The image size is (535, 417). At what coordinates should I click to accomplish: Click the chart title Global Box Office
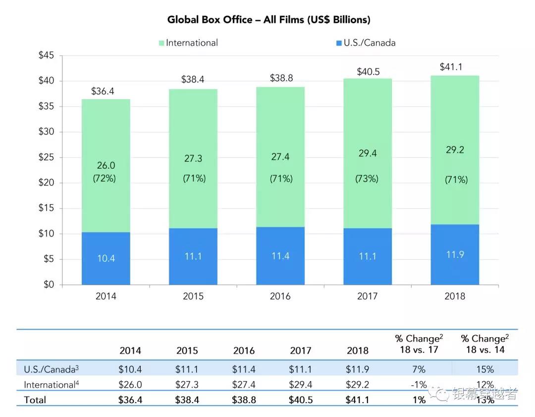coord(268,20)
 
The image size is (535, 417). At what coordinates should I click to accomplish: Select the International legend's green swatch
coord(161,43)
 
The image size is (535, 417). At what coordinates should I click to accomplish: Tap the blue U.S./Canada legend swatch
coord(339,43)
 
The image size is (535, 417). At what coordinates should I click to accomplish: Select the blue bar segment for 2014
coord(106,258)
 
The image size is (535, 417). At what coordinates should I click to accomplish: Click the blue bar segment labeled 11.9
coord(455,255)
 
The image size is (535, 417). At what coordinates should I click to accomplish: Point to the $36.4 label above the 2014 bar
coord(104,92)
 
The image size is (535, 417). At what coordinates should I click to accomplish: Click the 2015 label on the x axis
coord(193,297)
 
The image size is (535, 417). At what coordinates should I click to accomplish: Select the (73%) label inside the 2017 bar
coord(367,179)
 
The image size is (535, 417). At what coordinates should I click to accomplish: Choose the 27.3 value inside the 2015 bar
coord(193,159)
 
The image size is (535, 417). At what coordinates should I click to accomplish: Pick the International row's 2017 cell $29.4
coord(301,384)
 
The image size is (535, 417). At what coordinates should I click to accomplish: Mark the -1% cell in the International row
coord(419,384)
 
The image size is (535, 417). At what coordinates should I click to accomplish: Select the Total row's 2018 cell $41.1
coord(358,400)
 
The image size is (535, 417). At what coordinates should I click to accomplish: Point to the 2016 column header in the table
coord(244,351)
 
